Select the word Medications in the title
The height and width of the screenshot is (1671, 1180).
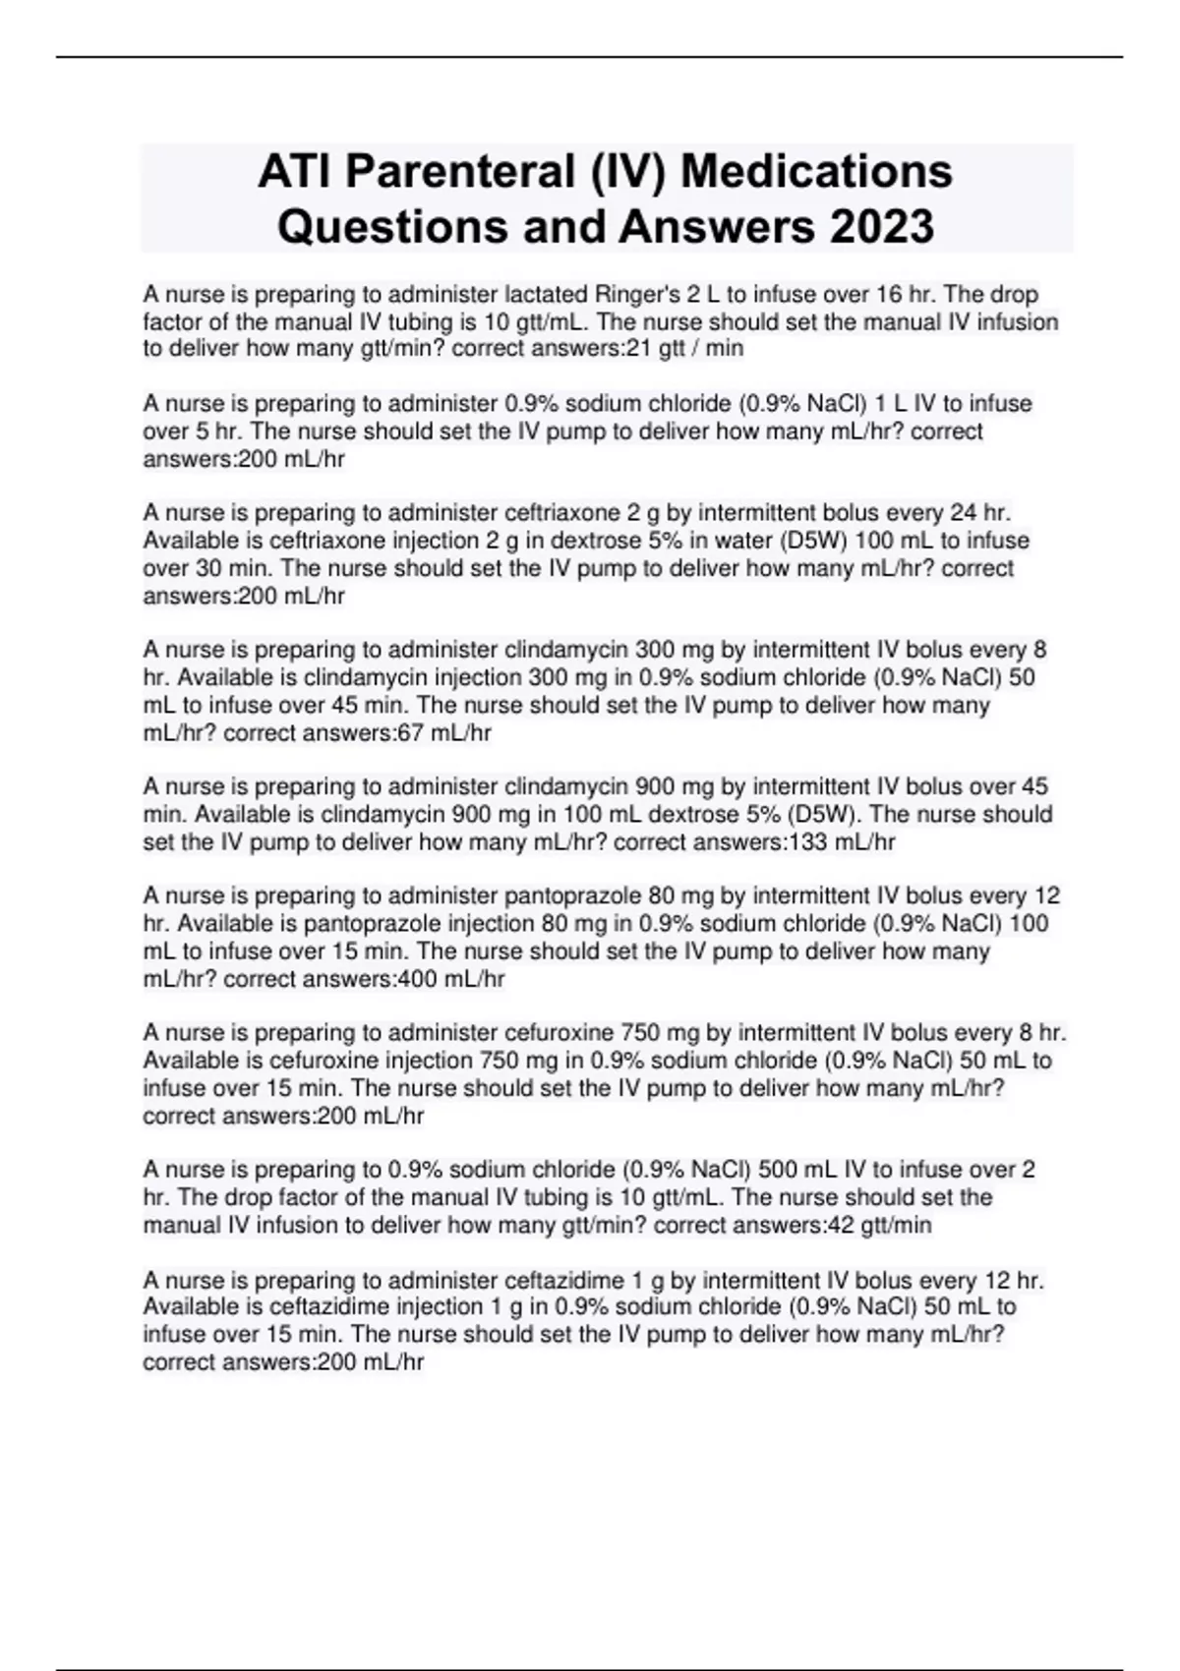click(816, 171)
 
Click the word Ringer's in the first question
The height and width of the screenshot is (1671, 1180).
click(641, 294)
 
